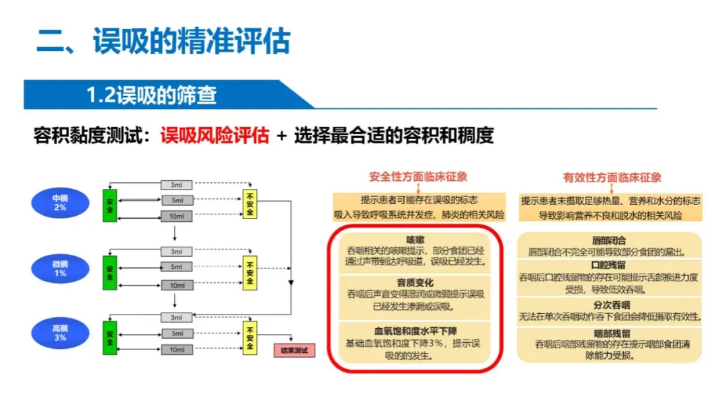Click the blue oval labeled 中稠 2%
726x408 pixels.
[x=60, y=203]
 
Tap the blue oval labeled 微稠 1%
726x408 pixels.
[x=60, y=269]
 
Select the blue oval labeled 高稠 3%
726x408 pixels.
[x=60, y=333]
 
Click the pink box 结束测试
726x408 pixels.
[x=294, y=350]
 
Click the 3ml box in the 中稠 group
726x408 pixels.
[x=176, y=185]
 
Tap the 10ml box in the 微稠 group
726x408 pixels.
[x=176, y=285]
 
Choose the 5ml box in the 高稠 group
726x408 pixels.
[x=176, y=334]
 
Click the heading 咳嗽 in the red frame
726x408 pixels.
[x=415, y=239]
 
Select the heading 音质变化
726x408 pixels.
[x=415, y=283]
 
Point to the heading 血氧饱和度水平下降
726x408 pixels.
[x=415, y=331]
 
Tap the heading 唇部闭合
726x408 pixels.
[x=609, y=240]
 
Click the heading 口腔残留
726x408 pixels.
[x=609, y=265]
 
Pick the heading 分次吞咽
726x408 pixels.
[x=609, y=304]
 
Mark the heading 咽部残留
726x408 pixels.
[x=609, y=333]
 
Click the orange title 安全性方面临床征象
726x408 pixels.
[x=418, y=177]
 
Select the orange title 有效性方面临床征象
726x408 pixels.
[x=612, y=177]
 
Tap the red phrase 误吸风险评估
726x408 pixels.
[x=214, y=135]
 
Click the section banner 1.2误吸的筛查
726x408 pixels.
[x=151, y=95]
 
